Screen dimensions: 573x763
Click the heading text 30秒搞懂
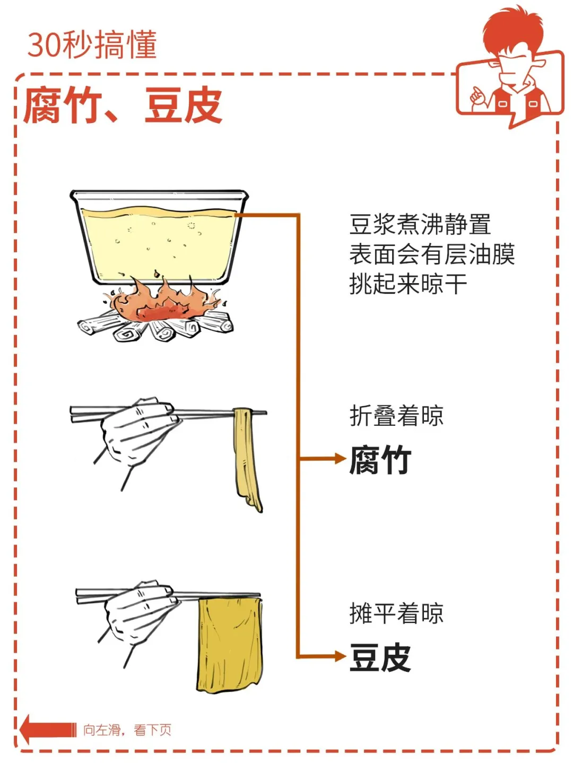click(x=92, y=45)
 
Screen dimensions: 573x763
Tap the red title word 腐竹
click(x=63, y=104)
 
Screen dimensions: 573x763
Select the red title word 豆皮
click(x=184, y=104)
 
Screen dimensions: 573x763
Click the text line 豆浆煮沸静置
click(x=420, y=225)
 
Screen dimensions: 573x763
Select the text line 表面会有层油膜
click(x=432, y=254)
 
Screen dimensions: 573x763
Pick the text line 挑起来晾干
click(x=408, y=284)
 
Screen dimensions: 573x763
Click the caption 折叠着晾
click(x=396, y=415)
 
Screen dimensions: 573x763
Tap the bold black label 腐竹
click(x=380, y=460)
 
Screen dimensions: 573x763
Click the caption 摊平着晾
click(x=396, y=613)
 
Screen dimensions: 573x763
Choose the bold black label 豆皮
click(x=380, y=657)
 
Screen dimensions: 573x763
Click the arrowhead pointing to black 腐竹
click(x=341, y=459)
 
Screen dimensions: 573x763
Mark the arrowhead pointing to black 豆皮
click(x=341, y=656)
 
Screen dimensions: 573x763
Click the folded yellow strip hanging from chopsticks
click(x=248, y=459)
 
